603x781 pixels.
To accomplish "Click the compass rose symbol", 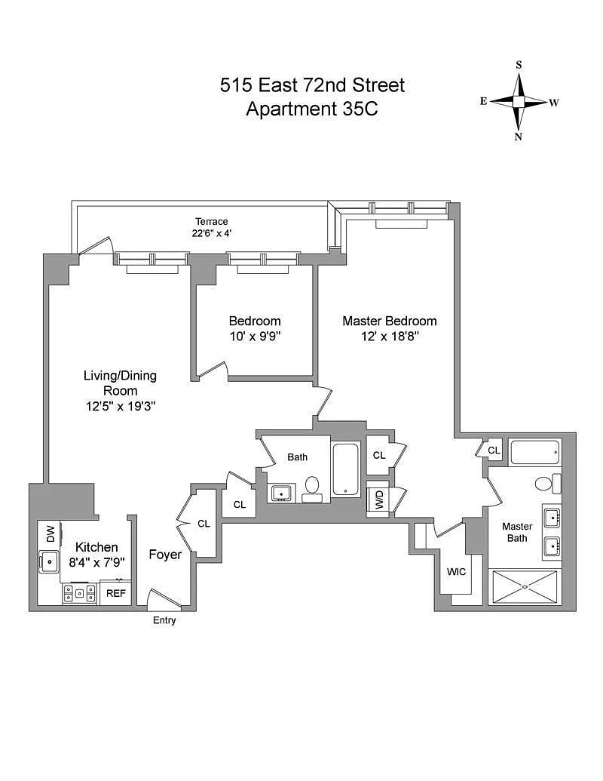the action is point(519,101).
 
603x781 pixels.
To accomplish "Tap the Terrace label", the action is point(211,221).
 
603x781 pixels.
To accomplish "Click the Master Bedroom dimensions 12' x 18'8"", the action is point(390,336).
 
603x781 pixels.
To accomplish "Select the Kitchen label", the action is point(96,547).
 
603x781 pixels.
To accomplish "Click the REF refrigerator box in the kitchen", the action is point(115,593).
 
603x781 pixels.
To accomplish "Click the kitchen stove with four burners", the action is point(79,593).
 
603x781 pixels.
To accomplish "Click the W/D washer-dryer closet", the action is point(377,500).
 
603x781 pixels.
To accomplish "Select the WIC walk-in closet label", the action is point(456,571).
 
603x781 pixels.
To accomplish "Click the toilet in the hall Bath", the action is point(312,487).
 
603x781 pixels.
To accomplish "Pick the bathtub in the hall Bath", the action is point(347,470).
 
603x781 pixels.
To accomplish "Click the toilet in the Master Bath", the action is point(546,483).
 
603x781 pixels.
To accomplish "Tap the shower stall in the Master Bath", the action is point(525,586).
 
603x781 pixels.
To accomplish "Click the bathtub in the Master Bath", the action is point(535,454).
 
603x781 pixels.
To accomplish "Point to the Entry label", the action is point(164,620).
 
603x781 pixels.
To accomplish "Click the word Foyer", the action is point(165,555).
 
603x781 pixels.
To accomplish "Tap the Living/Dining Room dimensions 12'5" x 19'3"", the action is point(121,406).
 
